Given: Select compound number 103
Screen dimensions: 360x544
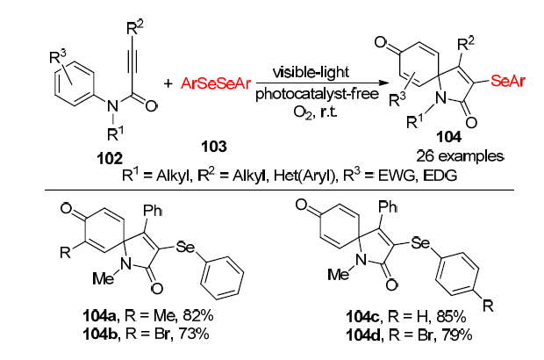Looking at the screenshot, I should pyautogui.click(x=215, y=140).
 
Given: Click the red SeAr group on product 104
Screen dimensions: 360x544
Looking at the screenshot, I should pyautogui.click(x=509, y=81).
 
